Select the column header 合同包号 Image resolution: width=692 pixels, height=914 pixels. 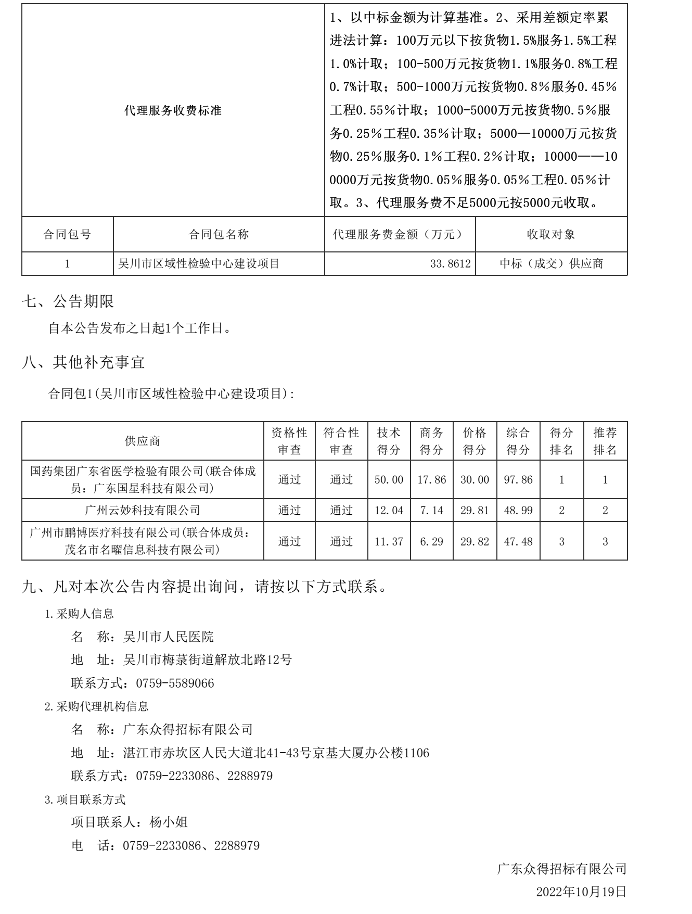[x=67, y=235]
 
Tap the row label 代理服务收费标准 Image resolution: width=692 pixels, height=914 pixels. [x=173, y=110]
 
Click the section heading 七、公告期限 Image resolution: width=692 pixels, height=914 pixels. [x=68, y=301]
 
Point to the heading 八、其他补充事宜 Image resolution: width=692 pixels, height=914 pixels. [x=83, y=362]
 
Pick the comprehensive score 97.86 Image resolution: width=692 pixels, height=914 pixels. [x=518, y=480]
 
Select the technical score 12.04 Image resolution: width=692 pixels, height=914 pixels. [x=389, y=511]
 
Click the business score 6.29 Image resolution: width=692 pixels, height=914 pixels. [x=431, y=542]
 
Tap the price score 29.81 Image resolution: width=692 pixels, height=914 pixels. [x=475, y=511]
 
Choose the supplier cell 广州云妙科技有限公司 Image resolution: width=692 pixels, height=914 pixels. [x=143, y=511]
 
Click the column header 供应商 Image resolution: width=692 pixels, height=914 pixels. [x=143, y=441]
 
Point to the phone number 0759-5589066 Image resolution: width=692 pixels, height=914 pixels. [x=175, y=683]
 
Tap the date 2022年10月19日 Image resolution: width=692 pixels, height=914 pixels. [x=581, y=892]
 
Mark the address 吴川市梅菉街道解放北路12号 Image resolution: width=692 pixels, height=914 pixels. [x=208, y=660]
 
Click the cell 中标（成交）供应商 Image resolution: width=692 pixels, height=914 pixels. [x=552, y=264]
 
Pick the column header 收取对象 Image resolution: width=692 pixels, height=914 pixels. [x=551, y=235]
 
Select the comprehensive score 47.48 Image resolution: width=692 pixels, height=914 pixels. [x=518, y=542]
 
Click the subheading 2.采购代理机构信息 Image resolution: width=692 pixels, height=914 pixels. [x=97, y=706]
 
